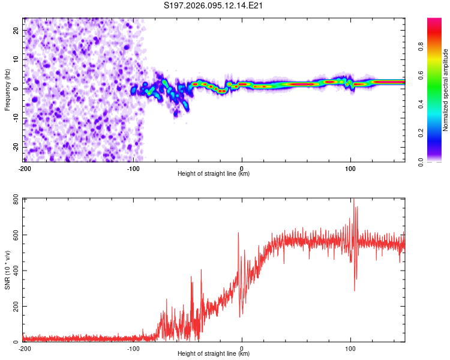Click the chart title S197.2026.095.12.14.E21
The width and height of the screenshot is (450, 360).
[214, 5]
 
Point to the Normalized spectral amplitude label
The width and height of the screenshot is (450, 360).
[445, 90]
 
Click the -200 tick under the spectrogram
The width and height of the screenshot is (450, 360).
[25, 169]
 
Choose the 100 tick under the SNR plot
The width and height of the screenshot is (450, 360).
[350, 349]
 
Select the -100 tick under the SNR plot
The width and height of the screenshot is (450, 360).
[133, 349]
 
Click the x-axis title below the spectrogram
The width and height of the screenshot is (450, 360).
[214, 174]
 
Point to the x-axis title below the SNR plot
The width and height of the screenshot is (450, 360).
[214, 354]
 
